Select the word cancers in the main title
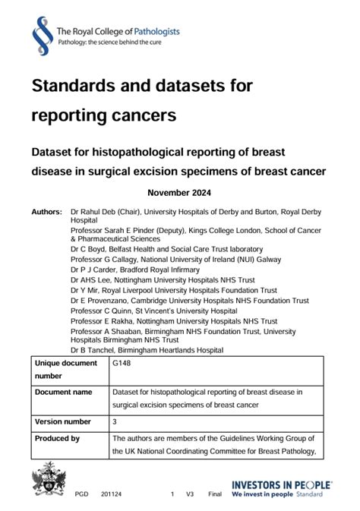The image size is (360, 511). [x=144, y=115]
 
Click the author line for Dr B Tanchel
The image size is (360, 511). [x=147, y=350]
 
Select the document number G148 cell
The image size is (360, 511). [x=121, y=364]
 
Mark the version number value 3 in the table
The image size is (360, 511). [x=115, y=421]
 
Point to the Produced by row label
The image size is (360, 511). [x=58, y=438]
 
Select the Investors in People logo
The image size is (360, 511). [x=282, y=488]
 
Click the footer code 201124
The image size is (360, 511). [x=112, y=494]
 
